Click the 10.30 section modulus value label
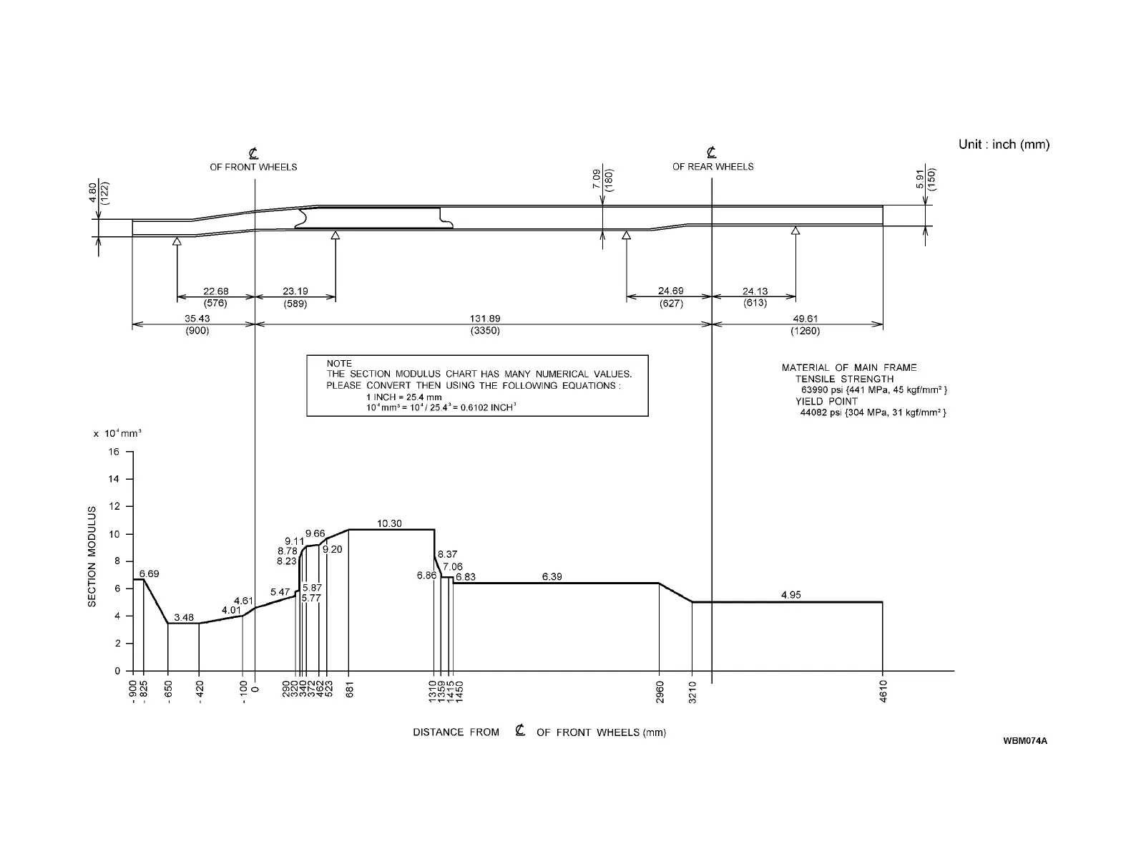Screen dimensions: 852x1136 pyautogui.click(x=389, y=523)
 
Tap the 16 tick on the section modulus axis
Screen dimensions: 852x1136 pyautogui.click(x=114, y=452)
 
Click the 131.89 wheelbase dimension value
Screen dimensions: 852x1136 pyautogui.click(x=484, y=319)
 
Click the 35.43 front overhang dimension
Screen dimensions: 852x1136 pyautogui.click(x=197, y=319)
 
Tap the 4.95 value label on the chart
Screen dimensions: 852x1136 pyautogui.click(x=790, y=594)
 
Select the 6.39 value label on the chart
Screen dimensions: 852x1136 pyautogui.click(x=552, y=576)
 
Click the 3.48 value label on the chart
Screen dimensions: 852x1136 pyautogui.click(x=184, y=617)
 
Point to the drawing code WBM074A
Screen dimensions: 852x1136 pyautogui.click(x=1024, y=740)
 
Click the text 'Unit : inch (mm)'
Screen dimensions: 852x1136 pyautogui.click(x=1004, y=145)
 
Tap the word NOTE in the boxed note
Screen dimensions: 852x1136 pyautogui.click(x=339, y=364)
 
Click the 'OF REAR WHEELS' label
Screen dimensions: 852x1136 pyautogui.click(x=713, y=167)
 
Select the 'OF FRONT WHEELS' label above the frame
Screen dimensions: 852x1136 pyautogui.click(x=253, y=168)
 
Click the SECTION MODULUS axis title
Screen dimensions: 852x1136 pyautogui.click(x=92, y=556)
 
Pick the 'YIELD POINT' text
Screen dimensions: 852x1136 pyautogui.click(x=826, y=401)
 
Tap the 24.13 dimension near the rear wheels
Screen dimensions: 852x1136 pyautogui.click(x=755, y=291)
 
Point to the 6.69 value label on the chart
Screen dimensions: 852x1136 pyautogui.click(x=150, y=573)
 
